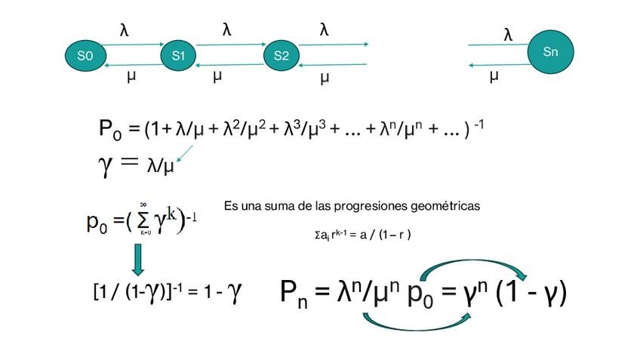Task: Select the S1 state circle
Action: [179, 55]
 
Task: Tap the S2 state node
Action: [282, 55]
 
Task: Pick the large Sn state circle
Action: [551, 51]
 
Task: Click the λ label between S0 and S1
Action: [125, 30]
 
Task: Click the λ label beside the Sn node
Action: [508, 35]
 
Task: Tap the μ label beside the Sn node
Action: [494, 75]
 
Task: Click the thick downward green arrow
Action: [138, 259]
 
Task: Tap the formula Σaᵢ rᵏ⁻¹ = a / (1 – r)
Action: [362, 234]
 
